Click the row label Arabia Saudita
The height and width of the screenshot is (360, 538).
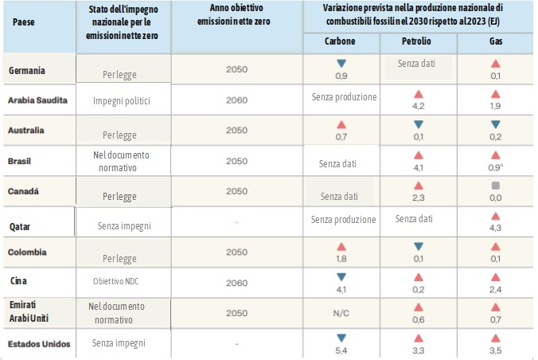click(37, 101)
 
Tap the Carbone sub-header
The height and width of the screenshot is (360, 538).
click(340, 41)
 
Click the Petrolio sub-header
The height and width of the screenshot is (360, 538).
click(418, 41)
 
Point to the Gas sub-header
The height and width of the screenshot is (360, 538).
click(496, 41)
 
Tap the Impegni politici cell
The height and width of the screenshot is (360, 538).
click(121, 101)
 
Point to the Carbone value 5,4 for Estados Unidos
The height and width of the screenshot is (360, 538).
click(341, 351)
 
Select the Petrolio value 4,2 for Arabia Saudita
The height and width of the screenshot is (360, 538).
click(418, 104)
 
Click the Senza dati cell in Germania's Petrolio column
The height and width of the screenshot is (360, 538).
click(418, 62)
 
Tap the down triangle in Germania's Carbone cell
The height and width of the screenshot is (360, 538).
click(341, 63)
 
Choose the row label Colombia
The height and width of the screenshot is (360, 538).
click(28, 252)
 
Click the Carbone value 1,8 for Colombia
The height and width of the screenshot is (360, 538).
click(341, 258)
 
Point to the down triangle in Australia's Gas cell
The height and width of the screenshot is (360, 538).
click(496, 124)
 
